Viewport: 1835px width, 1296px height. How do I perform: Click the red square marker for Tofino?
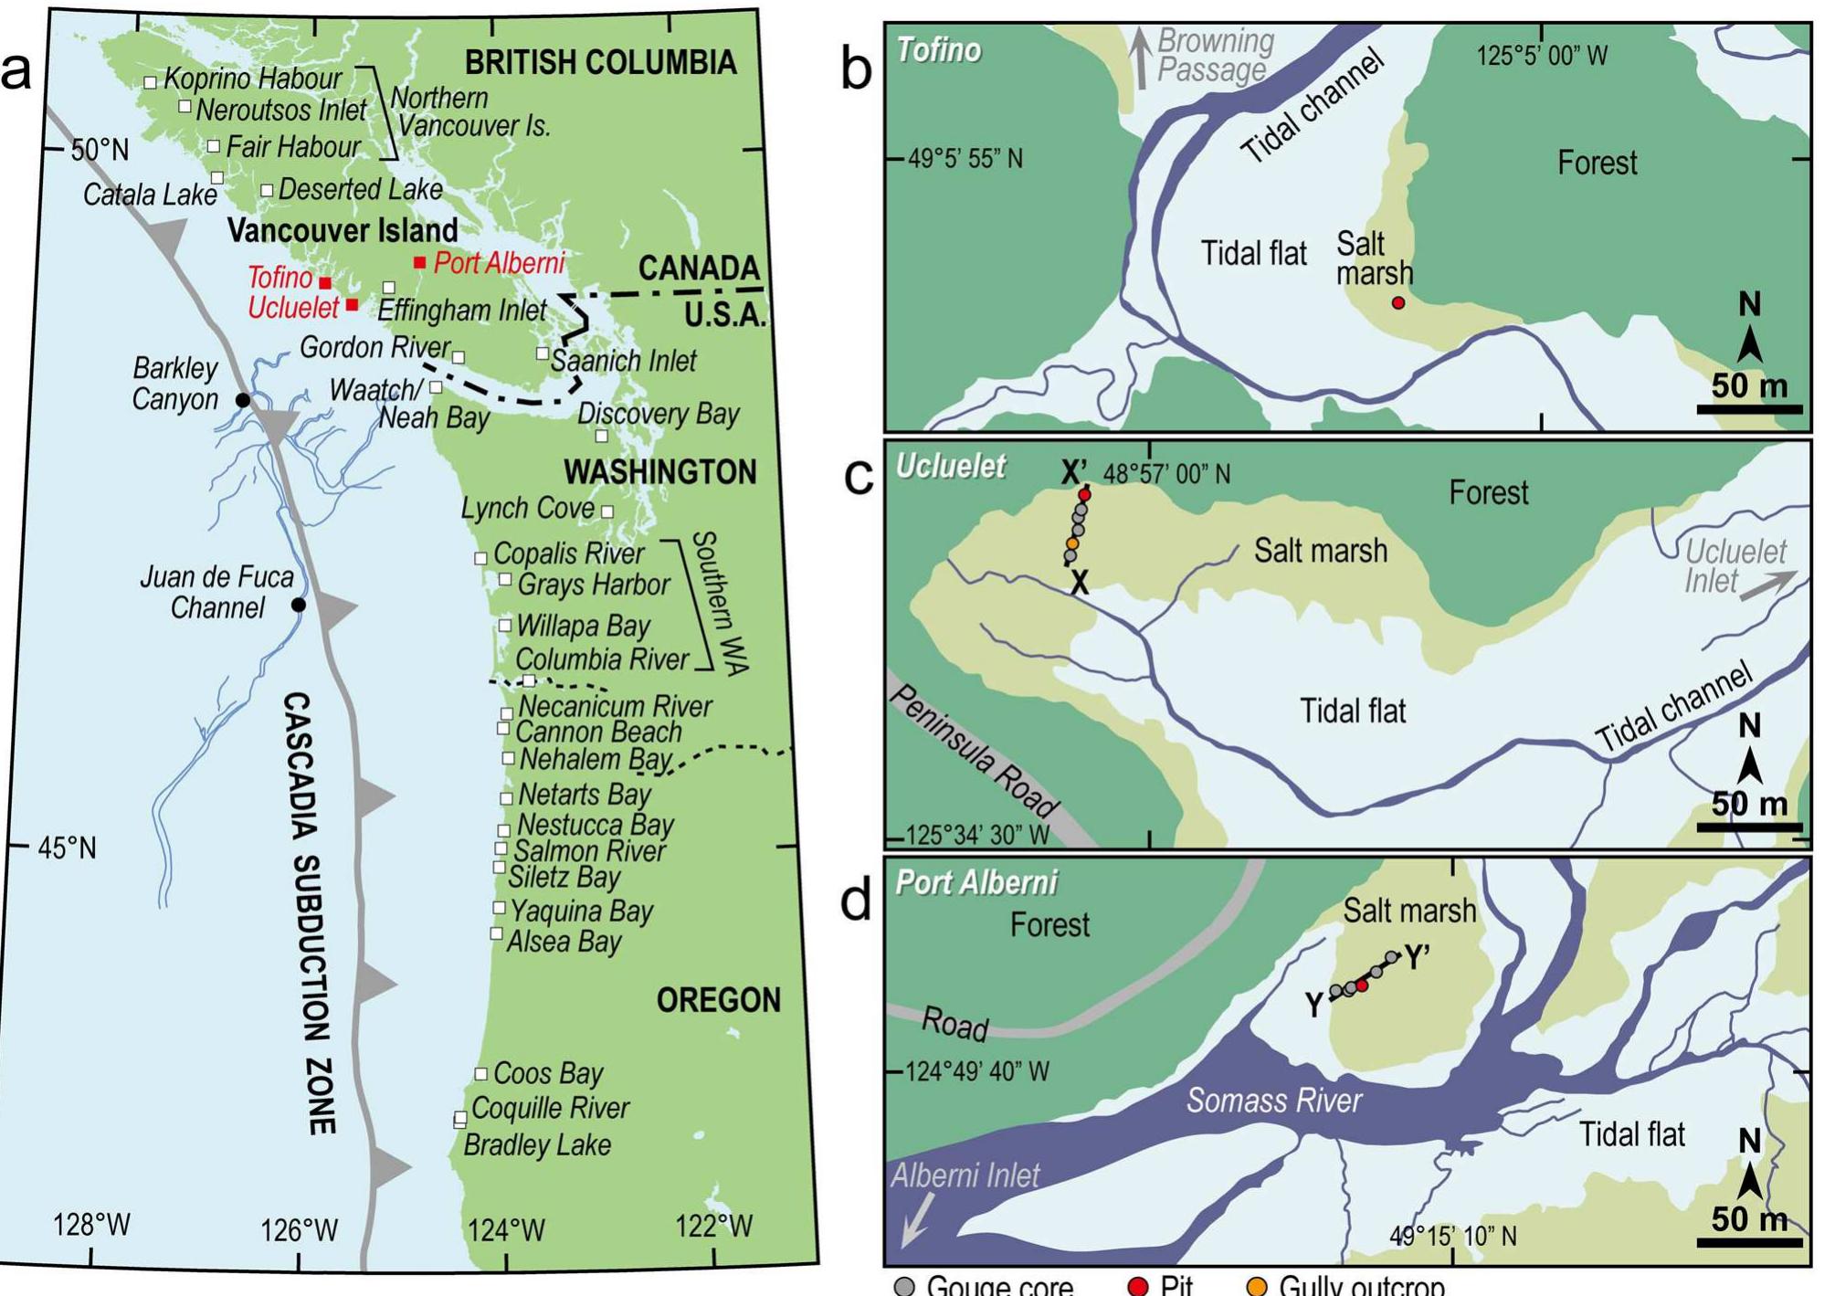[325, 283]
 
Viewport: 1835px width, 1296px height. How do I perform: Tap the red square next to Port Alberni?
[419, 263]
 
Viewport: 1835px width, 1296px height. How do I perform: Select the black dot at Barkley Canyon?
[243, 400]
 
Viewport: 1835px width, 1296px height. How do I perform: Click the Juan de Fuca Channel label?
[217, 592]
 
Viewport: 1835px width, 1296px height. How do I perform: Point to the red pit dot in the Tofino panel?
[1398, 302]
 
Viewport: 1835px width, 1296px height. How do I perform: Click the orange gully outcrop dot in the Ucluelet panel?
[1072, 543]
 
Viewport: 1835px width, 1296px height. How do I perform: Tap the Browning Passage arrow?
[1140, 58]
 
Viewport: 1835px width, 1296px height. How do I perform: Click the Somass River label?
[1274, 1101]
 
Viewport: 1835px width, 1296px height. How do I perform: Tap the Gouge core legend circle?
[904, 1286]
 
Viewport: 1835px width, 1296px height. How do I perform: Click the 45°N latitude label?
[67, 848]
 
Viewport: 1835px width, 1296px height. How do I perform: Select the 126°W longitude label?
[299, 1230]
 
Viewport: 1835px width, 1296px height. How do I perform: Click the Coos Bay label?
[548, 1073]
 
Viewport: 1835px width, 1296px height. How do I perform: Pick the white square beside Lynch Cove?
[607, 511]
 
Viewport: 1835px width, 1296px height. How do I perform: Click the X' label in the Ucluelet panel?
[1074, 472]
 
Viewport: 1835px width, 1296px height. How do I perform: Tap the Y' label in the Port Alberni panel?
[1417, 958]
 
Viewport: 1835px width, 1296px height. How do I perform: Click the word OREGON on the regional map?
[719, 1000]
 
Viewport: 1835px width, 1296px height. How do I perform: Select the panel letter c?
[858, 475]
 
